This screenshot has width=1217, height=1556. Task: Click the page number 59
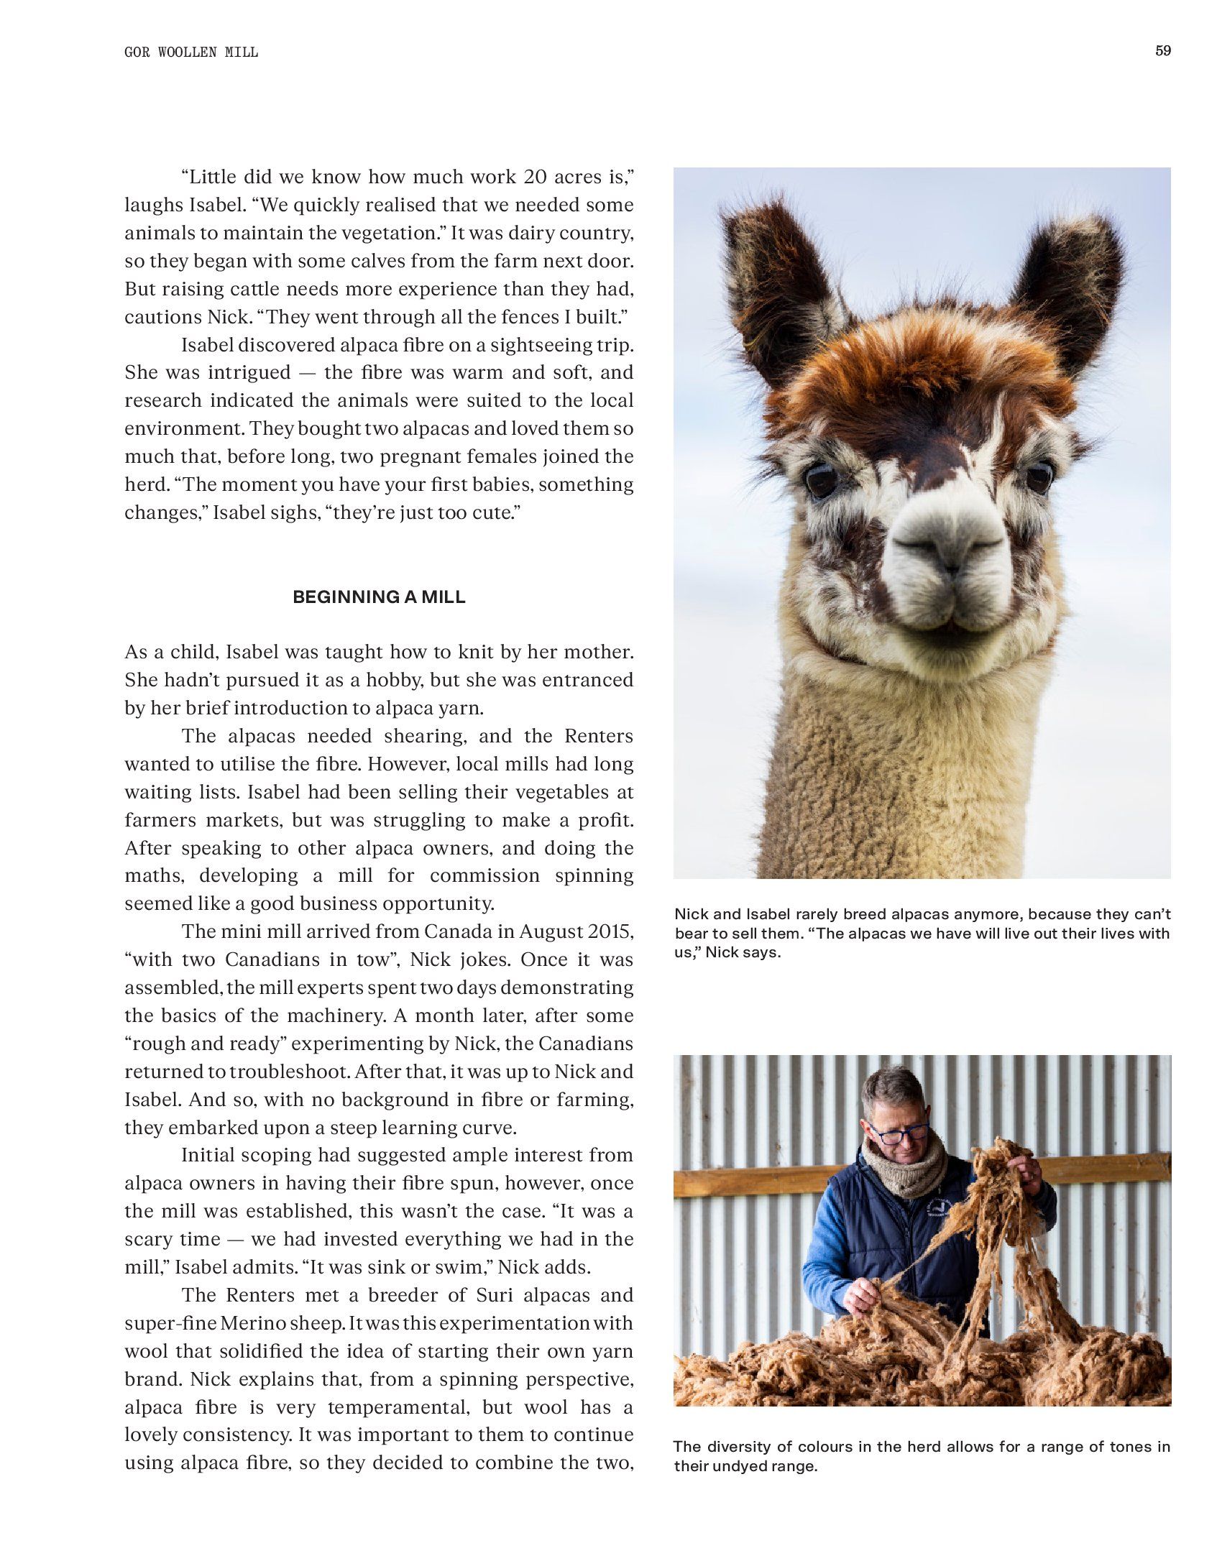(x=1162, y=51)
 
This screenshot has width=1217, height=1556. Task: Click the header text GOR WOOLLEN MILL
(x=191, y=52)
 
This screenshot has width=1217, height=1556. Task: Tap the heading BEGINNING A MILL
(x=379, y=597)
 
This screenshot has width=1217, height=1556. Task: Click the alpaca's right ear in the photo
(x=1071, y=287)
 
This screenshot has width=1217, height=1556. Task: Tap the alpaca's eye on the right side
(x=1039, y=477)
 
